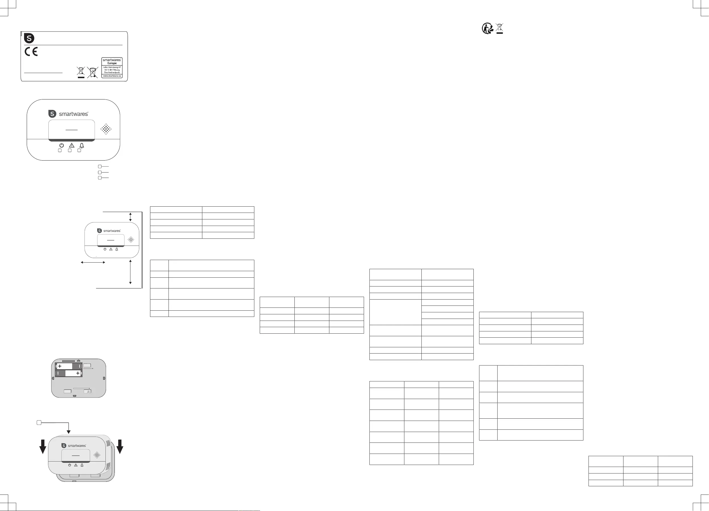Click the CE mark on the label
click(x=31, y=52)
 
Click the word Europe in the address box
click(x=112, y=63)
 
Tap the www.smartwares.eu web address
click(x=112, y=76)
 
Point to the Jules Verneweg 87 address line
click(x=112, y=67)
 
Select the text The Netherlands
click(x=112, y=72)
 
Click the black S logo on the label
click(x=29, y=38)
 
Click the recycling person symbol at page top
click(x=487, y=28)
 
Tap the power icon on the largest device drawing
click(x=62, y=146)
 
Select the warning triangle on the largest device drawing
click(x=72, y=146)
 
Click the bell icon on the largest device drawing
click(x=82, y=146)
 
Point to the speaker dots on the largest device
click(x=106, y=129)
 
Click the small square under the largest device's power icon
click(x=60, y=150)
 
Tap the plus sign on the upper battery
click(x=60, y=366)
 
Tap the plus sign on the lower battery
click(x=78, y=373)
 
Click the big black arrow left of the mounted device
click(x=43, y=446)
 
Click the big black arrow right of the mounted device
click(x=120, y=446)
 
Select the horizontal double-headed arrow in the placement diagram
click(x=93, y=262)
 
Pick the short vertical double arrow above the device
click(x=130, y=217)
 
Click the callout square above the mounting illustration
click(x=39, y=423)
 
